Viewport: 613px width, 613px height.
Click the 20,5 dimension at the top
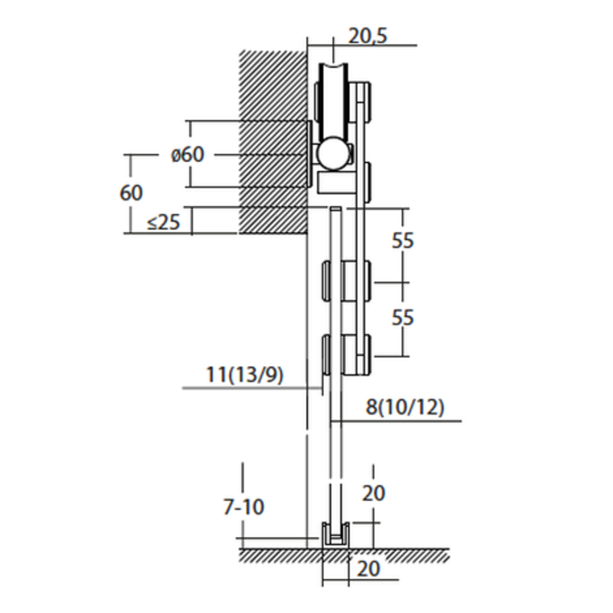(367, 36)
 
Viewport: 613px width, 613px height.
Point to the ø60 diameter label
(187, 154)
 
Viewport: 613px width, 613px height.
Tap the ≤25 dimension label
(163, 222)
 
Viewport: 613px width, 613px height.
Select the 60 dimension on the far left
(131, 192)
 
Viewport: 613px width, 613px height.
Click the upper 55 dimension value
(403, 240)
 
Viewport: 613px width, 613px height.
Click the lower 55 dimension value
(403, 317)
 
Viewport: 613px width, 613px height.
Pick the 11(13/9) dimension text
(244, 374)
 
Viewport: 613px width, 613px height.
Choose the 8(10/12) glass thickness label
(405, 407)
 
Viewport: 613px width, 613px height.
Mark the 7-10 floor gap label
(244, 507)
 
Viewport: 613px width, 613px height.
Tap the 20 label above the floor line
(374, 493)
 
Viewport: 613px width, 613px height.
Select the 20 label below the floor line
(368, 568)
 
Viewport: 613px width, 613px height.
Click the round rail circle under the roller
(334, 154)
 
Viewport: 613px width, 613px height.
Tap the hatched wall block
(273, 142)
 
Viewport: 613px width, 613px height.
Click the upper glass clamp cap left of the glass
(326, 281)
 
